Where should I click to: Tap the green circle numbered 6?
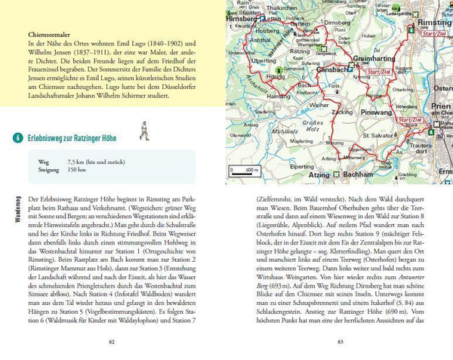(x=16, y=138)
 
